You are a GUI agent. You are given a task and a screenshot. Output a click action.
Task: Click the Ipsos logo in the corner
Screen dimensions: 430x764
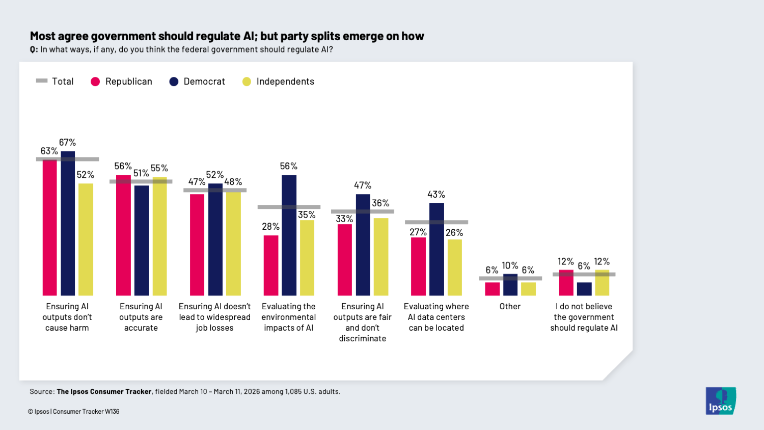[720, 400]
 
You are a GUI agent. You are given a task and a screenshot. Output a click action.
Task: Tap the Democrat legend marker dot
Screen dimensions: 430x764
[174, 82]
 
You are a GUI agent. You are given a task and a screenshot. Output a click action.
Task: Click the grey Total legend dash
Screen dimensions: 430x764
[42, 81]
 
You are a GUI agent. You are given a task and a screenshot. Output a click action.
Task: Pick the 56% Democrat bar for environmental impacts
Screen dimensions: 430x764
[289, 235]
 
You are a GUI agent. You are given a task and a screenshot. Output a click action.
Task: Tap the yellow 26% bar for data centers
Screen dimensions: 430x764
[454, 267]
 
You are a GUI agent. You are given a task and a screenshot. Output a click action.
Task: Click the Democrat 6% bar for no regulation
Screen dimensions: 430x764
[584, 289]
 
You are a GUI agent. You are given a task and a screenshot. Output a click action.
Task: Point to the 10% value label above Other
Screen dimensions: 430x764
[510, 266]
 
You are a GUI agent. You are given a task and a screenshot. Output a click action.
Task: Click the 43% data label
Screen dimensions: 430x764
[436, 195]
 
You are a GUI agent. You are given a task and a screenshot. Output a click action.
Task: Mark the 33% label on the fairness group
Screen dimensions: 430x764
[344, 219]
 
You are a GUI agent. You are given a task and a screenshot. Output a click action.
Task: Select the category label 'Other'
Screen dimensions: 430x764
[510, 306]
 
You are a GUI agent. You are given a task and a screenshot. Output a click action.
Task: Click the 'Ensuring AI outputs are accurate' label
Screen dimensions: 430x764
[141, 317]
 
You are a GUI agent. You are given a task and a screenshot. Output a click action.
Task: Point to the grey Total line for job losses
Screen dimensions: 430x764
[215, 190]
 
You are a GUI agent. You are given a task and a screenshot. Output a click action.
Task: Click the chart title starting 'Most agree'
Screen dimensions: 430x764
[227, 36]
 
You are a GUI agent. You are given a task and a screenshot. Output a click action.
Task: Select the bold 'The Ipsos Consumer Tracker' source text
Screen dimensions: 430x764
[104, 392]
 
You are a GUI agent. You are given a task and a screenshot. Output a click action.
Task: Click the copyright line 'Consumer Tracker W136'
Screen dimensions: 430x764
[86, 412]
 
